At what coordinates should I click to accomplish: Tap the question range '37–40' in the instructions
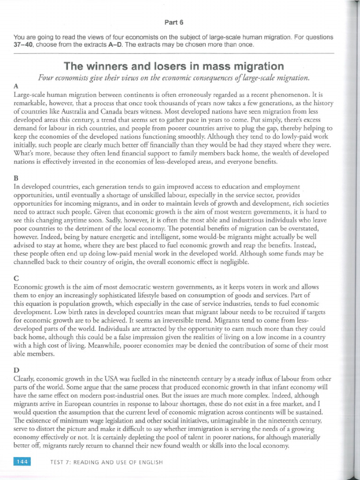(x=25, y=45)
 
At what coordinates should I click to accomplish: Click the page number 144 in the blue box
(x=22, y=462)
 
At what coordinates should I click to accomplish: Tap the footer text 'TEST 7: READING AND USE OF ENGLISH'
(x=106, y=462)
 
